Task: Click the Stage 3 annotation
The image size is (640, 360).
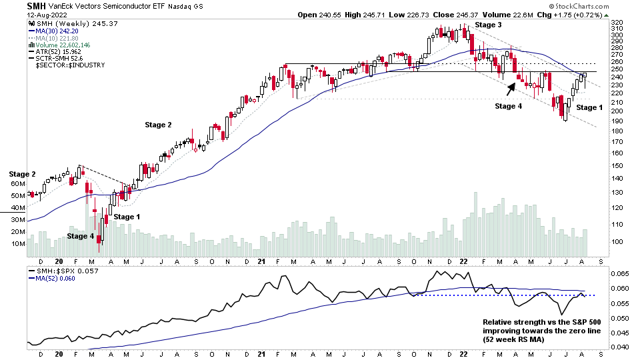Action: pos(489,25)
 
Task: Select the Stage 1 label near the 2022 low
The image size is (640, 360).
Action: pos(589,107)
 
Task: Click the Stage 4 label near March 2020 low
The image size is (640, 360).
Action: pos(81,236)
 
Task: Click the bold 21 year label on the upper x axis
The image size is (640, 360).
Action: pos(261,262)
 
